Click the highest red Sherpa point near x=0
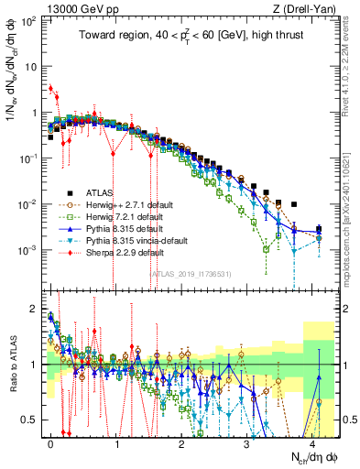click(51, 88)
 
